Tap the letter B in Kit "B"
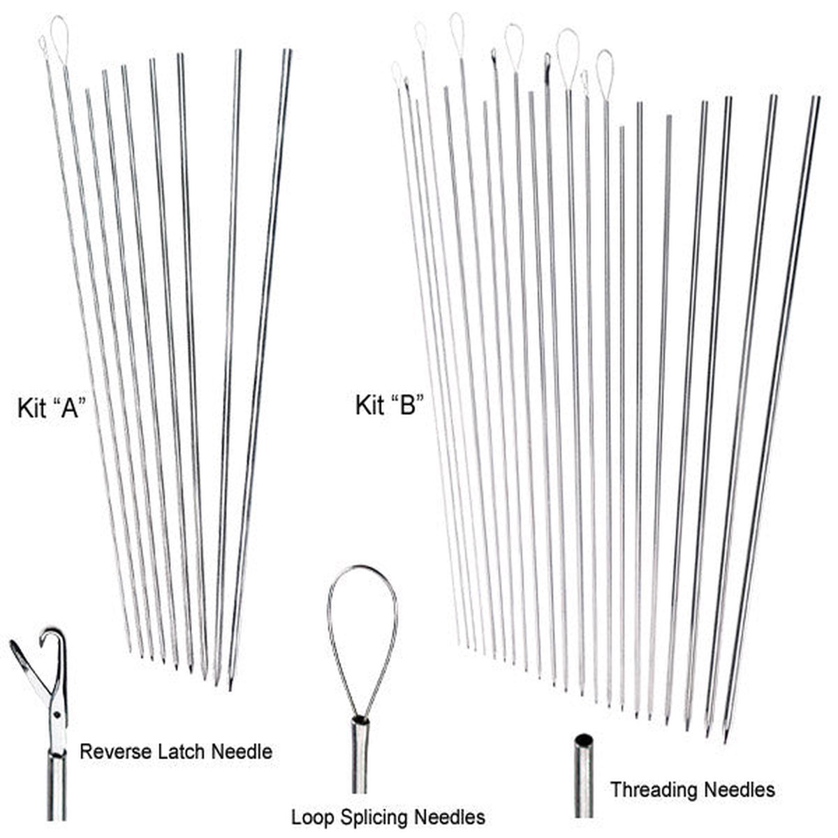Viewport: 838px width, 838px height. point(406,405)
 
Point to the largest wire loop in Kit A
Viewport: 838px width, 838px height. point(59,39)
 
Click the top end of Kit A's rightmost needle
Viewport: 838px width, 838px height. point(288,50)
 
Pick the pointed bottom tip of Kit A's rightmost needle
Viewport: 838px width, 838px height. point(230,688)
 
